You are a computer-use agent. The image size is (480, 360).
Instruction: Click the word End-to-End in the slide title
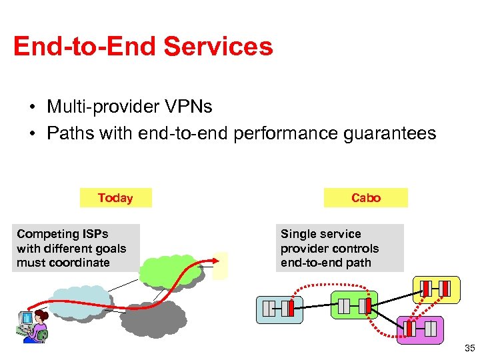coord(85,47)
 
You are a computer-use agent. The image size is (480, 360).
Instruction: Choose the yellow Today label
coord(115,198)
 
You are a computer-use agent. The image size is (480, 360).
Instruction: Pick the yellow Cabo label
coord(365,198)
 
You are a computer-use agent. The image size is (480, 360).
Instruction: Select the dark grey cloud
coord(153,317)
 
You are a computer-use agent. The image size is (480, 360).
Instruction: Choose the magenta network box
coord(420,329)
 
